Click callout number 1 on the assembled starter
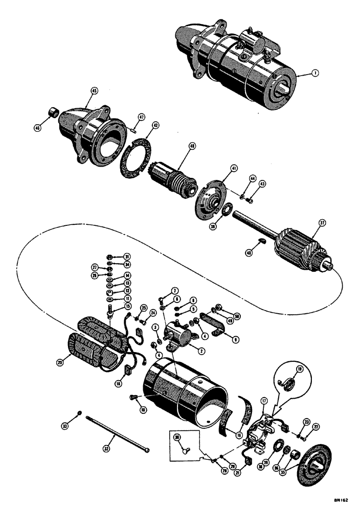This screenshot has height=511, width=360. (316, 74)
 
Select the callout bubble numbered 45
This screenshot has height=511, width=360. (94, 90)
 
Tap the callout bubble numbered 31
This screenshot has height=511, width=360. (113, 257)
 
